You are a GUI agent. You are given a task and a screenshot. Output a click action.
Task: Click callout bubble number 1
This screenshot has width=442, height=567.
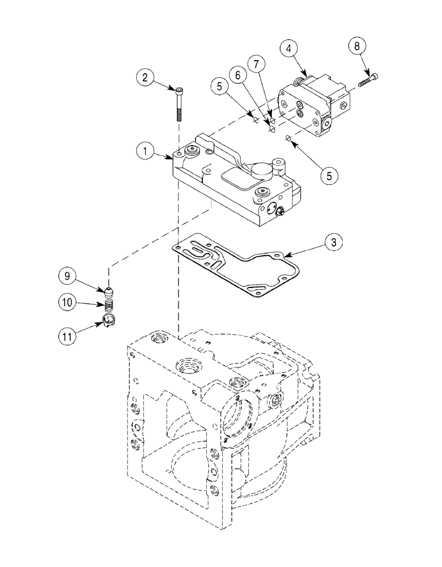(x=146, y=151)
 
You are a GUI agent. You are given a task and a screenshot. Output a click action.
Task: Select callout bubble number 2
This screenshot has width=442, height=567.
(x=145, y=78)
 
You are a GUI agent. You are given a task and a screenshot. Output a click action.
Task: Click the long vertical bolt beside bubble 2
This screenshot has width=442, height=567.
(x=179, y=105)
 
